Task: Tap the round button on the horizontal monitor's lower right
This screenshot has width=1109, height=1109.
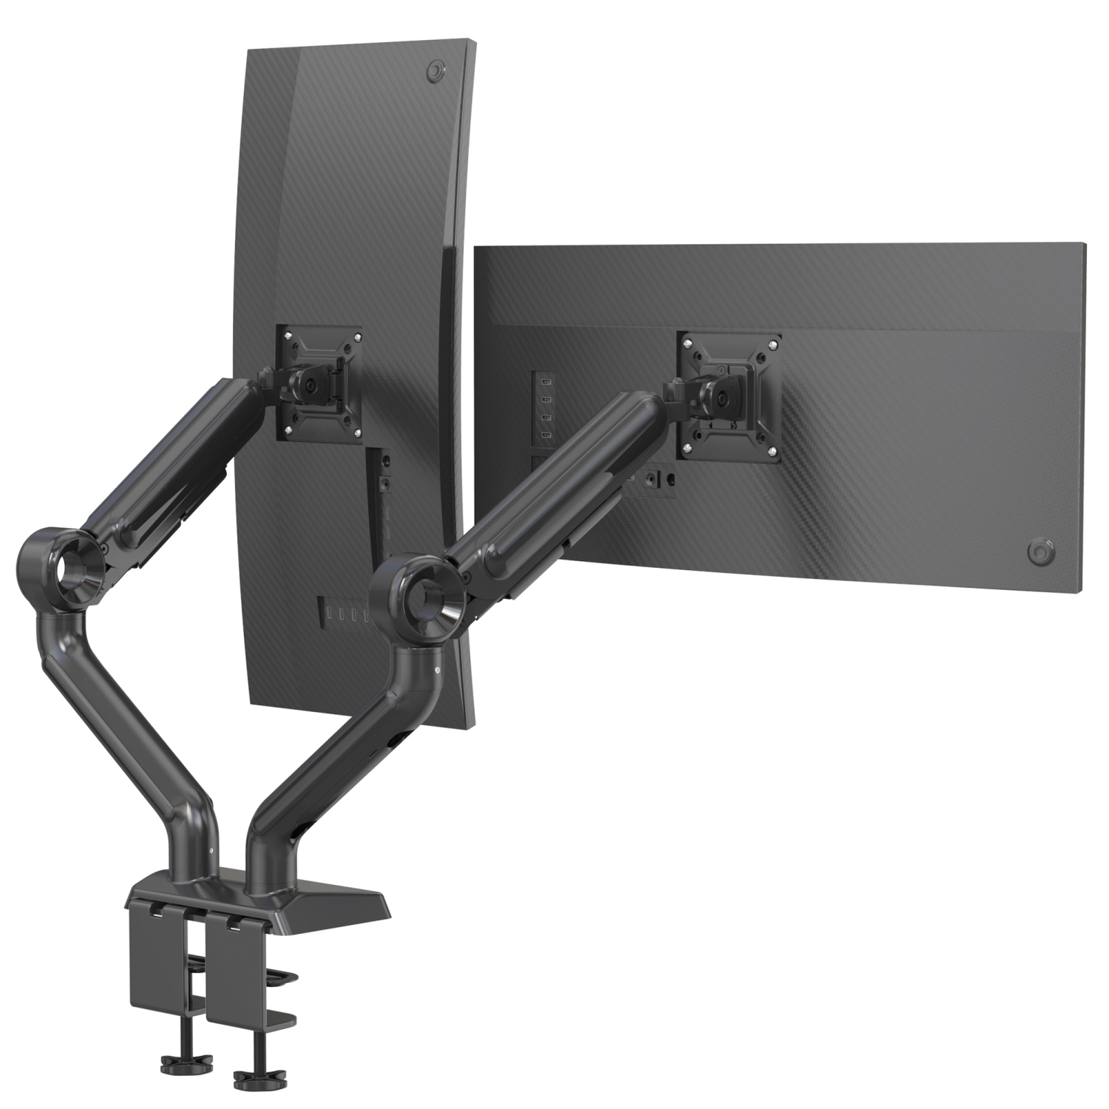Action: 1040,552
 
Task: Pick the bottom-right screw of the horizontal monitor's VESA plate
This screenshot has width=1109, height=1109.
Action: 772,450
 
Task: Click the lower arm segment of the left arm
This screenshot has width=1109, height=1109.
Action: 126,717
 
